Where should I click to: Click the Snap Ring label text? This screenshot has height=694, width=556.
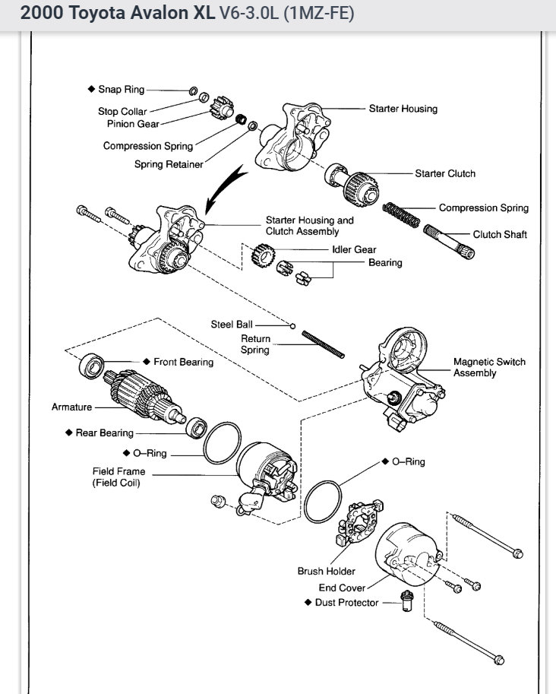(122, 90)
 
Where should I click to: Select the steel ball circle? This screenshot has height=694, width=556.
(292, 326)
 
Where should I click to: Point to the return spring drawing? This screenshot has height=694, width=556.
(323, 344)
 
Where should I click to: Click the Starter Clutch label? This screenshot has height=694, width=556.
(445, 173)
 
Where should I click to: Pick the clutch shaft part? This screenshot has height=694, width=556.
(449, 242)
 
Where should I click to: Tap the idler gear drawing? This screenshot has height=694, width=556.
(263, 255)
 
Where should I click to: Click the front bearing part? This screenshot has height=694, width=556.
(92, 366)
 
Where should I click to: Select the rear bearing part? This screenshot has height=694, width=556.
(196, 427)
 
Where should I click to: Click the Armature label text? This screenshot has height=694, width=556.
(71, 407)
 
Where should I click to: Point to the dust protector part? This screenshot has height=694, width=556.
(406, 601)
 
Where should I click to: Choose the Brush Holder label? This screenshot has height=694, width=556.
(327, 571)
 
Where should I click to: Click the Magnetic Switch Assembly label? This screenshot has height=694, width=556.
(489, 367)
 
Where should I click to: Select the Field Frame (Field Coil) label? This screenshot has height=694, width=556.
(118, 477)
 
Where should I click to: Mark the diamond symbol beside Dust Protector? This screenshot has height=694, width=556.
(308, 602)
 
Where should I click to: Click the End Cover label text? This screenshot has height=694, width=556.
(342, 588)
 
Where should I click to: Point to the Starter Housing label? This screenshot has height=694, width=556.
(403, 109)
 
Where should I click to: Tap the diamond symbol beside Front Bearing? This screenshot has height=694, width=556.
(147, 362)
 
